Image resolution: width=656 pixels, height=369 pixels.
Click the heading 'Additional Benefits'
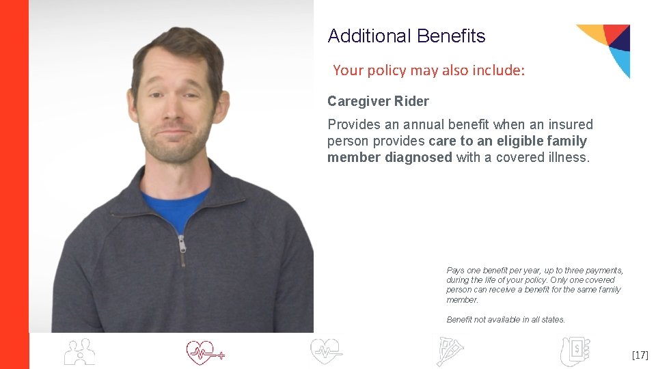(x=406, y=36)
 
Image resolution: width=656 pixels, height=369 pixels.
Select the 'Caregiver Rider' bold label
(x=378, y=102)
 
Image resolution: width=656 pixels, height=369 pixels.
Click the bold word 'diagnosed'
(x=418, y=157)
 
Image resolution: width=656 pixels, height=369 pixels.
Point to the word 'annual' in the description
(x=425, y=125)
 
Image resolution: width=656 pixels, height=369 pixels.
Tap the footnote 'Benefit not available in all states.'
(x=506, y=320)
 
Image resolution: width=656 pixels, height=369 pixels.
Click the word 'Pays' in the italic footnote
(x=455, y=271)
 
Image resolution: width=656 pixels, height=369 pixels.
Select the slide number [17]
(x=640, y=355)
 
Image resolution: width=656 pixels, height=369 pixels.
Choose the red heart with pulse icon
(x=204, y=352)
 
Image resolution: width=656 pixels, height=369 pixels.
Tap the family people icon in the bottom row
(x=79, y=352)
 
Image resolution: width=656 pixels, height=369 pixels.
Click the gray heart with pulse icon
(x=326, y=352)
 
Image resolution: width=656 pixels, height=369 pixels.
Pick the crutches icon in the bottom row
(x=450, y=352)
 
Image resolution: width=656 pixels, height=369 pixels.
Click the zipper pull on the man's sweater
(x=182, y=249)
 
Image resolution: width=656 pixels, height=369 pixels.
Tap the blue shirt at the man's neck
(x=174, y=205)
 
